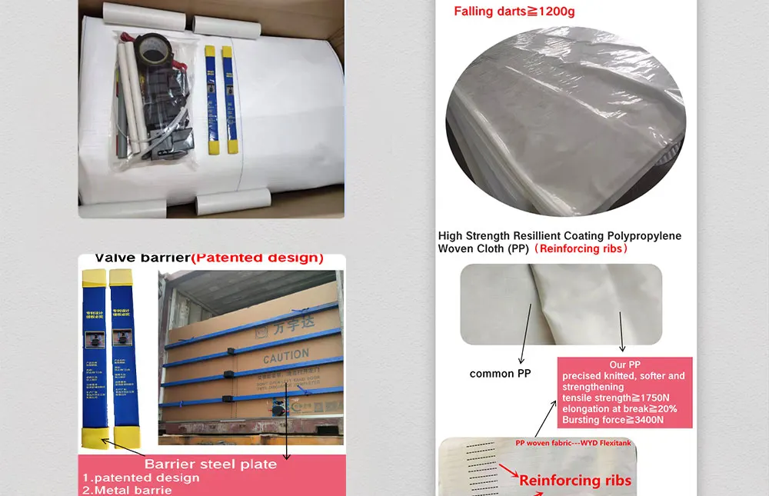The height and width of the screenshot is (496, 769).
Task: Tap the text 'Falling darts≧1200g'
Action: (x=514, y=11)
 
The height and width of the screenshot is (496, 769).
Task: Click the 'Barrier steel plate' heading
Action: (x=210, y=464)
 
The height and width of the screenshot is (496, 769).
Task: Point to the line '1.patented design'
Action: (x=141, y=478)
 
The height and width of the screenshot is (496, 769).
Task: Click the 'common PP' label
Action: (x=501, y=374)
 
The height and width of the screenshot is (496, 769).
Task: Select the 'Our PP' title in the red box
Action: (x=624, y=365)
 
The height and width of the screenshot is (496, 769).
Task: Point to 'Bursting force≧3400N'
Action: (x=613, y=420)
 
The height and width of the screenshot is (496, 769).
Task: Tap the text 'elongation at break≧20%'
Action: (x=618, y=409)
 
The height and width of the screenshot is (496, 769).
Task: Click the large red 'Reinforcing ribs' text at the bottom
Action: (x=575, y=481)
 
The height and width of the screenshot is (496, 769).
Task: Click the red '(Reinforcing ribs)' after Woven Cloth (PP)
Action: (x=582, y=248)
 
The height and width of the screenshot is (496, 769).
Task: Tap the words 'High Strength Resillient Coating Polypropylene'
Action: (x=560, y=236)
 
